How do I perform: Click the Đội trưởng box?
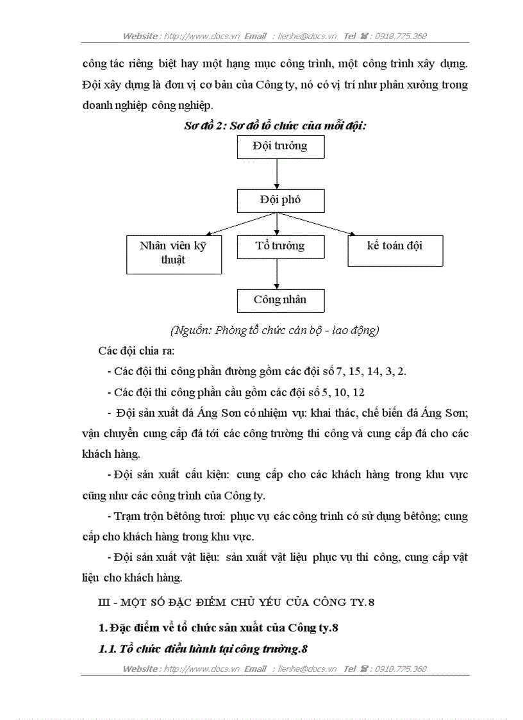[281, 147]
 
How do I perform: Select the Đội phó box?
[281, 201]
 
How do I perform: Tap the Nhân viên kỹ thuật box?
[173, 254]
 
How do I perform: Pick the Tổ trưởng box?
[280, 247]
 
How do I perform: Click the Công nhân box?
[280, 300]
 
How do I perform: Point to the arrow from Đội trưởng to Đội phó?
[277, 173]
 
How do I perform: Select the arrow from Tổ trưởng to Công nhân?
[277, 273]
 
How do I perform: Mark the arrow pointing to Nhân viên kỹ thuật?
[237, 224]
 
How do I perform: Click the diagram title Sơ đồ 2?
[275, 126]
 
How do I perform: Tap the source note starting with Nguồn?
[275, 330]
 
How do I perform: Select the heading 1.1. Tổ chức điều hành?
[203, 649]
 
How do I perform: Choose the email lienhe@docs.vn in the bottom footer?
[308, 669]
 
